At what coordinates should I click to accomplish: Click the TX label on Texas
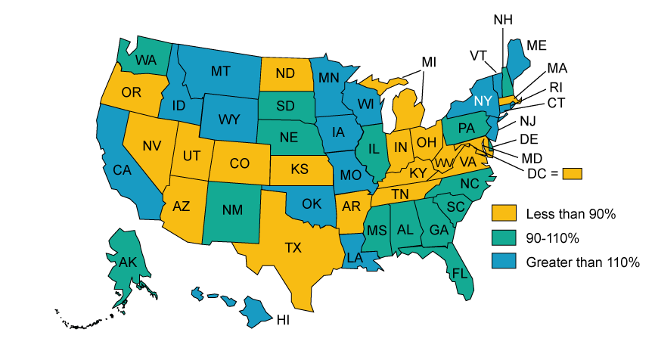click(x=292, y=247)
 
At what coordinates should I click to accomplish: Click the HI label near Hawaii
click(x=282, y=320)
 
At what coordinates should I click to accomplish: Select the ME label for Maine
click(x=536, y=45)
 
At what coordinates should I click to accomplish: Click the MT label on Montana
click(x=221, y=71)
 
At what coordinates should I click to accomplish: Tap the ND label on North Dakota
click(x=284, y=73)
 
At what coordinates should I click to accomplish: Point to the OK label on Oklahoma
click(x=312, y=203)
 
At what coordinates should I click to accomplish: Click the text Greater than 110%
click(x=582, y=262)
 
